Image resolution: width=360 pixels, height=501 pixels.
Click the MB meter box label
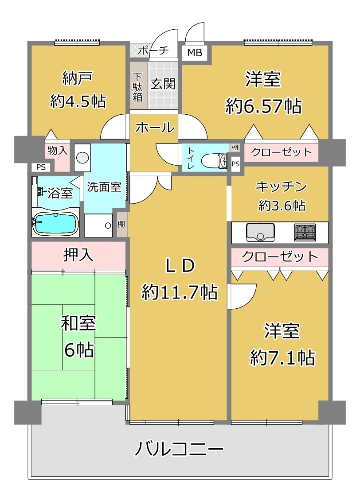(x=195, y=52)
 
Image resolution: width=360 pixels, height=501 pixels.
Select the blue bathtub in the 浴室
(x=56, y=223)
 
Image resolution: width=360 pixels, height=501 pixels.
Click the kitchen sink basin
(x=260, y=232)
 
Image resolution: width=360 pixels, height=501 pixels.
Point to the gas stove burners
(x=305, y=232)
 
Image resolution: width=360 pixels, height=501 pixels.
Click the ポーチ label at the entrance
(x=153, y=50)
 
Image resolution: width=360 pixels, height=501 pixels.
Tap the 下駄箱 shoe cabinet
(x=138, y=86)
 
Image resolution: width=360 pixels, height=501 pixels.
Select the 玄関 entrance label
(x=163, y=84)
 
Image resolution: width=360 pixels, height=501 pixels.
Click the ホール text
(x=155, y=128)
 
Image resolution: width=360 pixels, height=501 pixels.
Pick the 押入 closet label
(x=78, y=255)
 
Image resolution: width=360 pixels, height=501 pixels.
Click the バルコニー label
(x=179, y=449)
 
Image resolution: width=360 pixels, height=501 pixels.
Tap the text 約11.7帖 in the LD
(x=180, y=292)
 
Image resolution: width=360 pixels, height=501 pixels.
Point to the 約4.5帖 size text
(x=78, y=101)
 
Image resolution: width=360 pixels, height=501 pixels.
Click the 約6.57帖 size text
(x=263, y=106)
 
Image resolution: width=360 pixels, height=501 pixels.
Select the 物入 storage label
(x=58, y=150)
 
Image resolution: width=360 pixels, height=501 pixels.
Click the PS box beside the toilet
(x=235, y=164)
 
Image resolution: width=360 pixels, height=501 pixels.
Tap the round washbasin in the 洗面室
(x=82, y=158)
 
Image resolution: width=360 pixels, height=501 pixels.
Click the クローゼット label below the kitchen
(x=280, y=256)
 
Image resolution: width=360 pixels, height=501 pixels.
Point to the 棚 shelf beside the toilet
(x=235, y=148)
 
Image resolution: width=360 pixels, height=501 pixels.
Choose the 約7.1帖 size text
(x=282, y=357)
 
